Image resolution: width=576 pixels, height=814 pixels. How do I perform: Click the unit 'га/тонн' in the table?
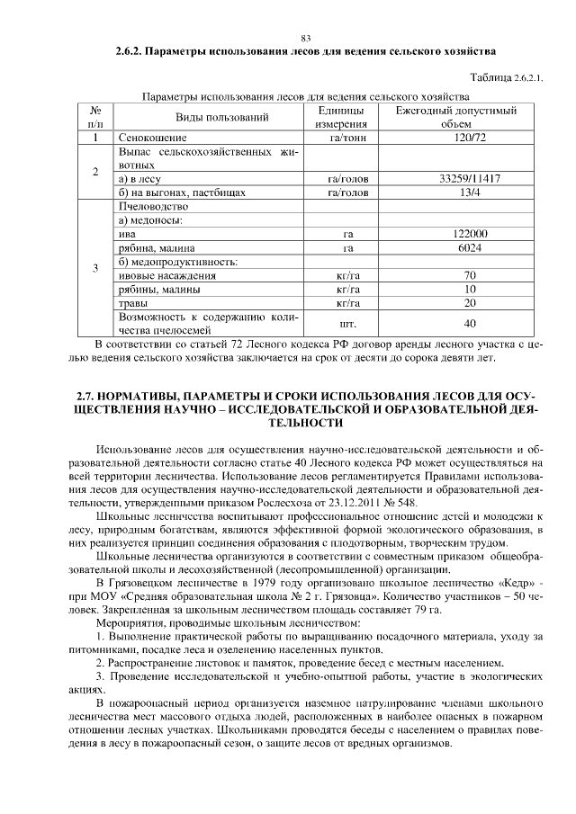347,138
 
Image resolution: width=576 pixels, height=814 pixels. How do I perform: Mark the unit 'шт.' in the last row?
347,323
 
